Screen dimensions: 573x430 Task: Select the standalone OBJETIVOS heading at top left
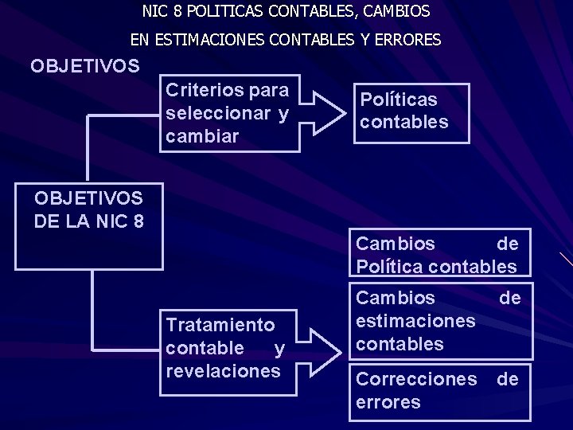(85, 65)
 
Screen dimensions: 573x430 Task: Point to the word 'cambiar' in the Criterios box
(202, 136)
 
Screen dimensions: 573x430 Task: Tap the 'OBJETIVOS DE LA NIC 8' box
(93, 228)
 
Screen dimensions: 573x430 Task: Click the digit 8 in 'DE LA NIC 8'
(138, 221)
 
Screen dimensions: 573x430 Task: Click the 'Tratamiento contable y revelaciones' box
(228, 349)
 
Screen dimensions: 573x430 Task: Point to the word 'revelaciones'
(224, 371)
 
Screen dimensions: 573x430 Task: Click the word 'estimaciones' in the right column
(415, 321)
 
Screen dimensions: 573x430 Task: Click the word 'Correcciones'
(416, 379)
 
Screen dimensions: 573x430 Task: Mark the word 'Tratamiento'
(220, 325)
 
